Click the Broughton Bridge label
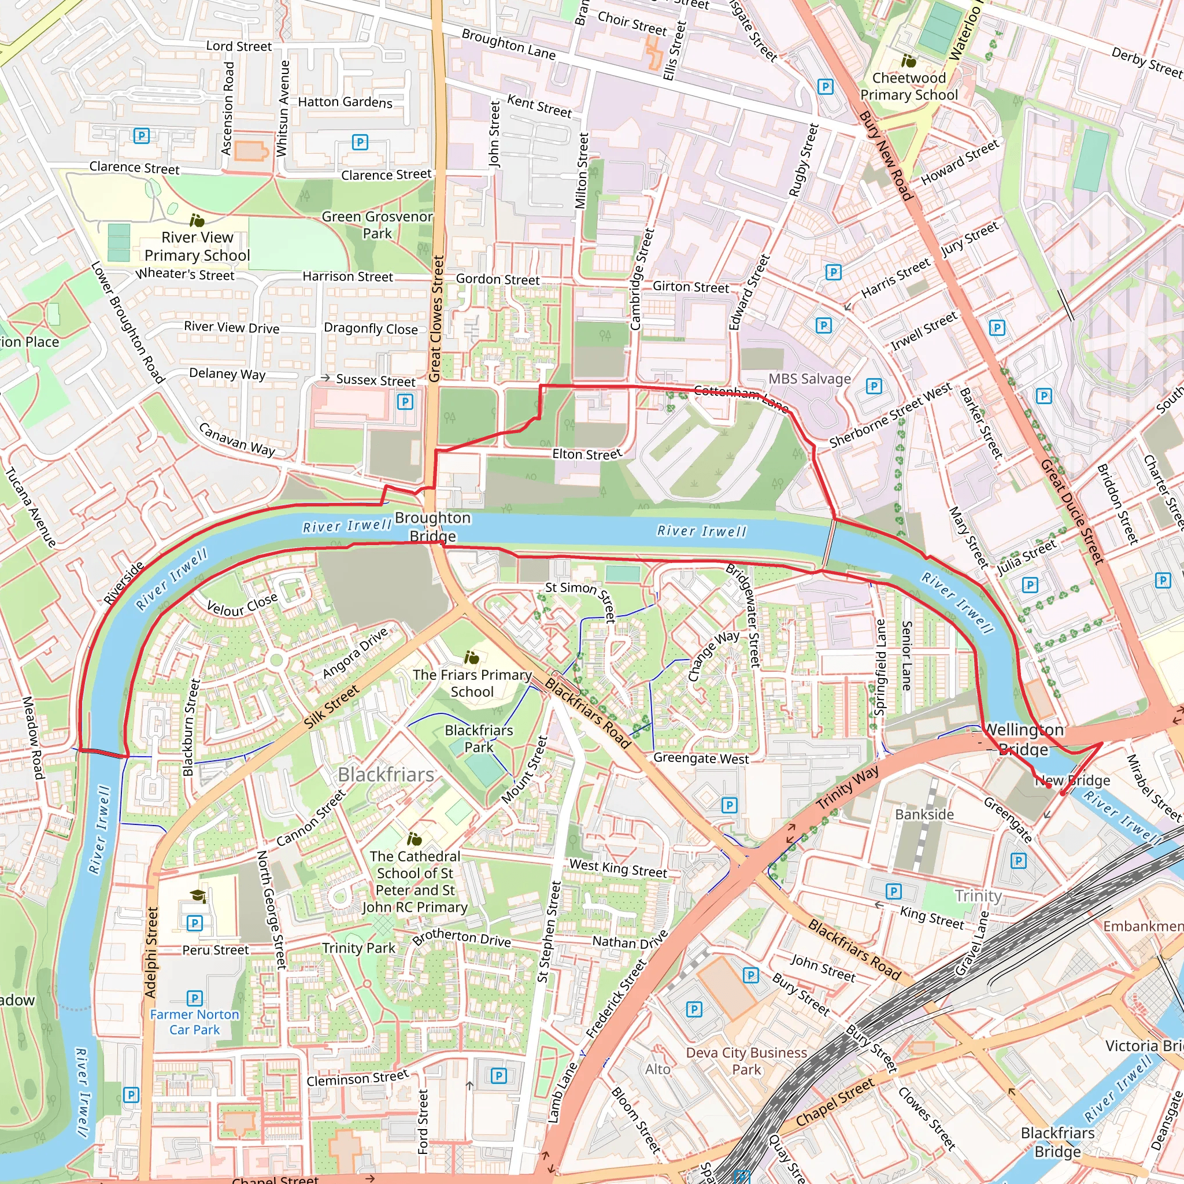click(x=432, y=527)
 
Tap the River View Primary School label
click(x=197, y=246)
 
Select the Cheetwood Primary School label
click(x=909, y=86)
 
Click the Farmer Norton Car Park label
click(x=194, y=1022)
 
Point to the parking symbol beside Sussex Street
click(x=405, y=402)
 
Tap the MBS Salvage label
click(x=809, y=379)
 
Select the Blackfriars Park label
click(x=479, y=738)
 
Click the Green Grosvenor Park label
click(x=378, y=225)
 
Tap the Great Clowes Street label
click(x=436, y=319)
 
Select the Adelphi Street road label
click(x=151, y=952)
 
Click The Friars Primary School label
click(x=472, y=683)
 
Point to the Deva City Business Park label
click(x=746, y=1061)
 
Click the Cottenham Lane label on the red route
click(x=741, y=397)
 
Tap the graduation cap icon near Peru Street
click(x=197, y=897)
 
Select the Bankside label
click(x=924, y=815)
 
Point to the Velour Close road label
click(x=242, y=605)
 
